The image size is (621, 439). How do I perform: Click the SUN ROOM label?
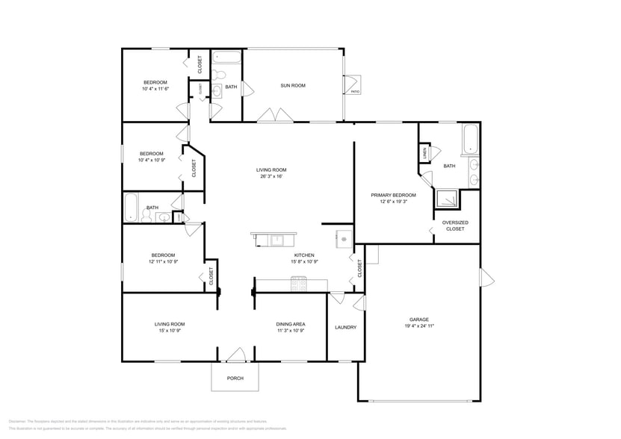pyautogui.click(x=292, y=86)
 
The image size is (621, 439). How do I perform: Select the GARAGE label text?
pyautogui.click(x=418, y=319)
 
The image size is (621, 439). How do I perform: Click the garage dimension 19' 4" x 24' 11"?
pyautogui.click(x=418, y=326)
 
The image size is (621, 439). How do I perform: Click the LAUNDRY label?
pyautogui.click(x=345, y=327)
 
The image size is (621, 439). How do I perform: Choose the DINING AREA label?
pyautogui.click(x=291, y=323)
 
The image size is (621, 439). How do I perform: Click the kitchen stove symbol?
pyautogui.click(x=299, y=283)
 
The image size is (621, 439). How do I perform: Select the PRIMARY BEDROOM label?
pyautogui.click(x=393, y=195)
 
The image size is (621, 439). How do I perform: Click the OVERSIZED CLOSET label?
pyautogui.click(x=454, y=225)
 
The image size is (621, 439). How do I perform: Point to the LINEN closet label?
pyautogui.click(x=424, y=152)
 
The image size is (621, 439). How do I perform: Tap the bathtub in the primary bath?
pyautogui.click(x=471, y=140)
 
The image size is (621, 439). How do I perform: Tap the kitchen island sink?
pyautogui.click(x=277, y=240)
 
